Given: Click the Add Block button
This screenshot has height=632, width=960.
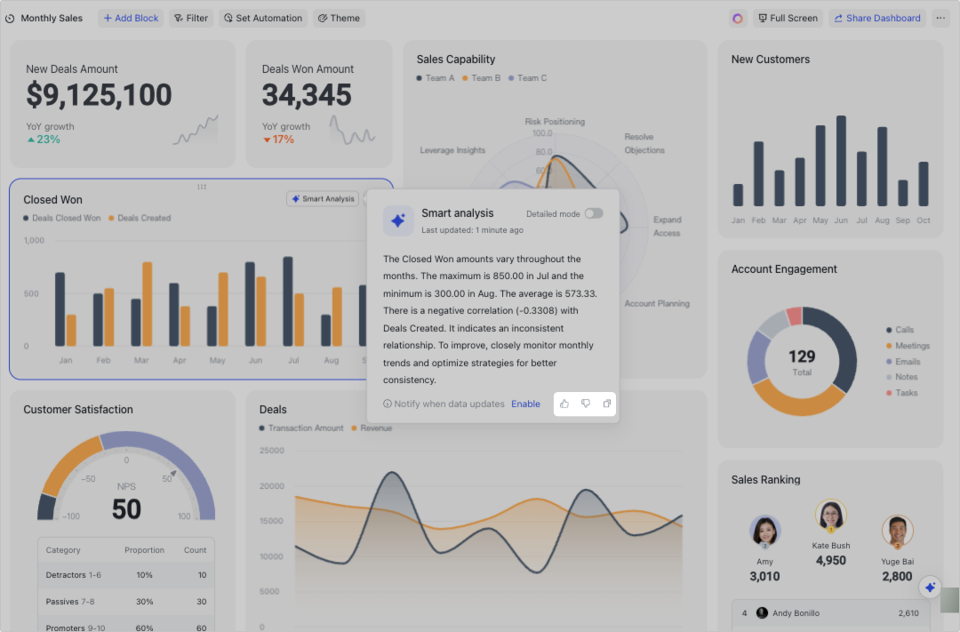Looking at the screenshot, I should pos(131,18).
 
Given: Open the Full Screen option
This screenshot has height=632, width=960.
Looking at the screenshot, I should pos(788,18).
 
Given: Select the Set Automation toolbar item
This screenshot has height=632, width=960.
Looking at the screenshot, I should pos(263,18).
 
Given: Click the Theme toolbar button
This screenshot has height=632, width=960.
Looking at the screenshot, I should pos(339,18).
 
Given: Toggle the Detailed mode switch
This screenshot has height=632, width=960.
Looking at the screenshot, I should pos(593,213).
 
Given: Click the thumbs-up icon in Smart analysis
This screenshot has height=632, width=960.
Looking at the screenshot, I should pos(564,404).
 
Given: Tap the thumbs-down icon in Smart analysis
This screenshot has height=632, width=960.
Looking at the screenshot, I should pos(585,404).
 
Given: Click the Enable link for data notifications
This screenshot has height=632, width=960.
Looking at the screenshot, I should pos(525,404).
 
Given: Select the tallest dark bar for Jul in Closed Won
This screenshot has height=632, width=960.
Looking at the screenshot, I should pos(288,301).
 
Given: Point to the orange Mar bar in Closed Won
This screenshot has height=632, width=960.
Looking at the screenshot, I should pos(147,304).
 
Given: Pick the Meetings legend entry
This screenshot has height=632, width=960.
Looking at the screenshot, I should pos(912,346).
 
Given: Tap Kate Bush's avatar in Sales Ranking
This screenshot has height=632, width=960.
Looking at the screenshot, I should pos(831,516).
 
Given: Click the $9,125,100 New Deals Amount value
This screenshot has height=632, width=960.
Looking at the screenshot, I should pos(99,95).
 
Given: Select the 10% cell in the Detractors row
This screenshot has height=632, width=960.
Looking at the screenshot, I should pos(144,575).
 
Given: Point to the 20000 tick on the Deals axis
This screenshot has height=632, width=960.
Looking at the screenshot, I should pos(270,486).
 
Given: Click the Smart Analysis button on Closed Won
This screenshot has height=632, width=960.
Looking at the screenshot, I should pos(323,199).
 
